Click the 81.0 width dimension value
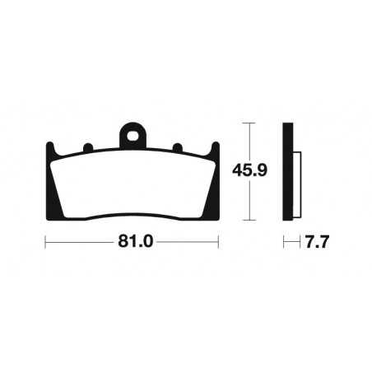pos(135,242)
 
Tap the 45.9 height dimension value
pos(249,170)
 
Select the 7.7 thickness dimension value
pos(317,242)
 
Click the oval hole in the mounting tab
pos(133,136)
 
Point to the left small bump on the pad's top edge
pos(88,147)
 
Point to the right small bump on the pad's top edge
pos(178,148)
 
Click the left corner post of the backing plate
pos(50,150)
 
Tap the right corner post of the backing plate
pos(216,150)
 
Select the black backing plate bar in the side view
pos(288,171)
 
